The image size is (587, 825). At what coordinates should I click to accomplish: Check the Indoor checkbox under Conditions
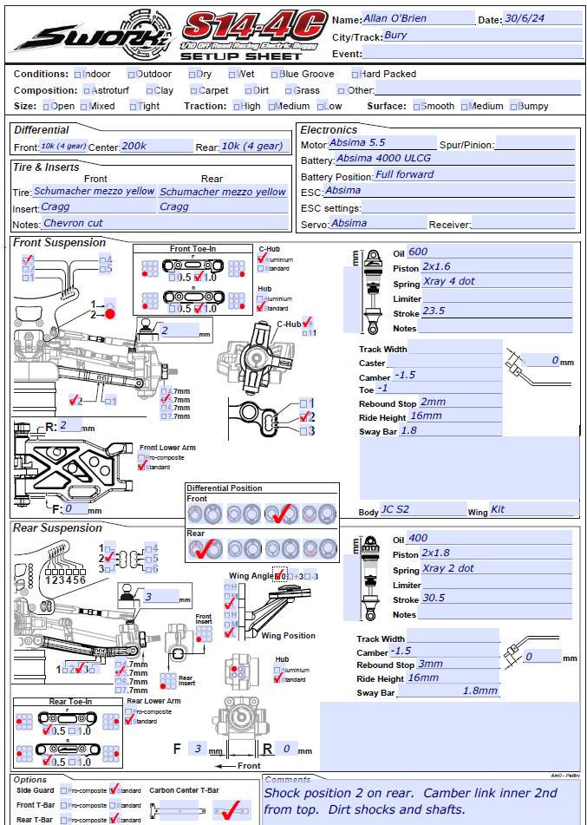coord(78,75)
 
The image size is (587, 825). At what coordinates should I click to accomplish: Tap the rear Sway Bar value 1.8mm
coord(486,691)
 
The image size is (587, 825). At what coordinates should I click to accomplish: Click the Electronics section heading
coord(329,129)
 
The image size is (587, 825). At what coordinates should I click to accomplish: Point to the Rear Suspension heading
coord(57,528)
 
